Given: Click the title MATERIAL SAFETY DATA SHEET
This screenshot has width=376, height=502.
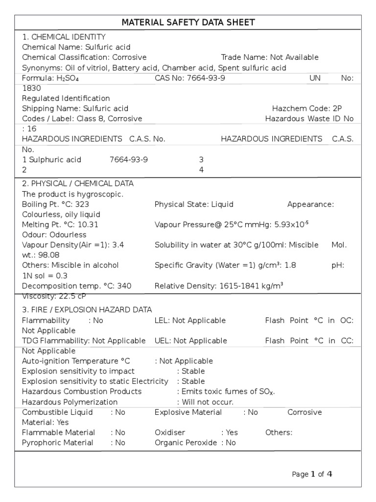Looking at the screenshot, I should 188,23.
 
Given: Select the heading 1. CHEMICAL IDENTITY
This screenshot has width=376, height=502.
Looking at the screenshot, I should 64,37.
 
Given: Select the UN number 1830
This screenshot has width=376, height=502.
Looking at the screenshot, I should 31,88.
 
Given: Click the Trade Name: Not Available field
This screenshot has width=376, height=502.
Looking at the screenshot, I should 270,57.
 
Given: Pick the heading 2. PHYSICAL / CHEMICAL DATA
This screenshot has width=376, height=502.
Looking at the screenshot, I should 78,183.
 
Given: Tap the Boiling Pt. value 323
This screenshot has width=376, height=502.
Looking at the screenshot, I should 82,204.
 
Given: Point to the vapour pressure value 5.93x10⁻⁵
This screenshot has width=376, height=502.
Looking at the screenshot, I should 290,225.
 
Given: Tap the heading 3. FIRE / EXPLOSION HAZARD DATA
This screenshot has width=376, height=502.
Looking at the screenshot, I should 87,310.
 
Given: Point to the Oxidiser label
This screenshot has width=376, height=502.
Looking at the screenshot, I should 168,432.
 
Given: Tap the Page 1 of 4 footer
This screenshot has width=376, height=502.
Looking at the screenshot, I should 312,474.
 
